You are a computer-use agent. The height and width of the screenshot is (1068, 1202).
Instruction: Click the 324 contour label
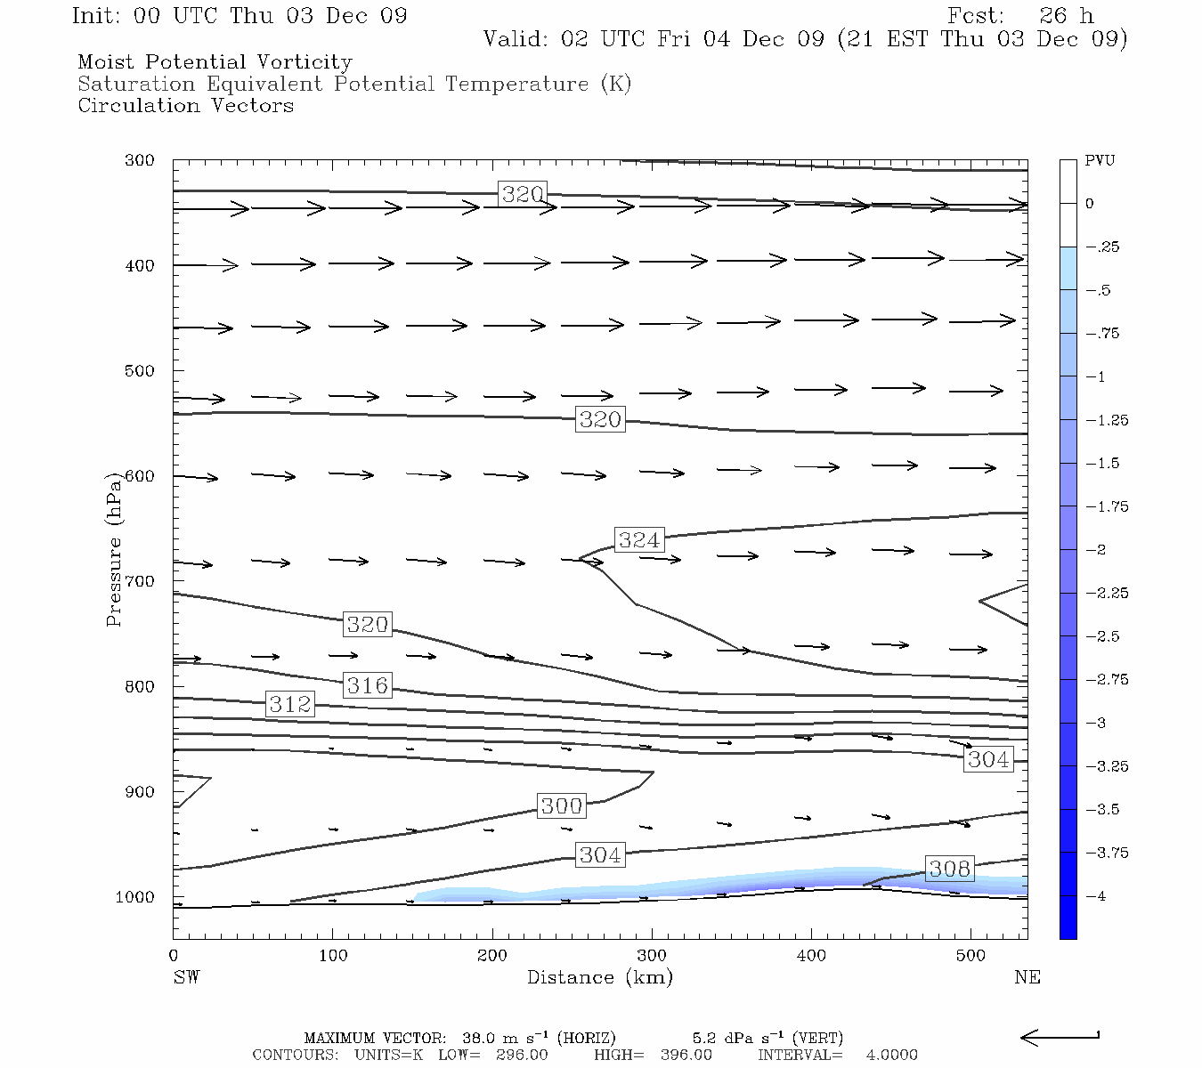(639, 539)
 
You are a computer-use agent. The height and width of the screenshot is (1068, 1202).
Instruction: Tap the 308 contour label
(949, 868)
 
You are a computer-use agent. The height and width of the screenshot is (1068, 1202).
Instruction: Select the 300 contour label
(561, 805)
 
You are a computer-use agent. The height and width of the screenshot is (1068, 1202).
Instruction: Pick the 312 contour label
(290, 704)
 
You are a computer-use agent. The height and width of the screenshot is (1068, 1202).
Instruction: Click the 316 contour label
(368, 685)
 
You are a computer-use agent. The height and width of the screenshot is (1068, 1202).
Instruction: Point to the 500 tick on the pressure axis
(140, 370)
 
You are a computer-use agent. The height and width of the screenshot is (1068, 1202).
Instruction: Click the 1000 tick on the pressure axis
(135, 897)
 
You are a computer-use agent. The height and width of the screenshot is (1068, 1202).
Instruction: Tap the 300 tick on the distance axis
(652, 956)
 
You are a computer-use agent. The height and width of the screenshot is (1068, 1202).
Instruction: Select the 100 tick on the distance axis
(333, 956)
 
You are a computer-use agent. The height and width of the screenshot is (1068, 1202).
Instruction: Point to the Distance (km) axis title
(599, 977)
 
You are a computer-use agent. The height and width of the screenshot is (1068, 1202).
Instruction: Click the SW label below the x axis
(186, 977)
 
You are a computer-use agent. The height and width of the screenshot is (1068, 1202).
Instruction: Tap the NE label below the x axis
(1027, 977)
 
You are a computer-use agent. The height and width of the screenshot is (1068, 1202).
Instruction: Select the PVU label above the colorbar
(1100, 160)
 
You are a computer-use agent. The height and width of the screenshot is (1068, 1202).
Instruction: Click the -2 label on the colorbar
(1096, 550)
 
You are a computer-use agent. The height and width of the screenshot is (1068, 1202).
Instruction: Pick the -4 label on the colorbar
(1096, 896)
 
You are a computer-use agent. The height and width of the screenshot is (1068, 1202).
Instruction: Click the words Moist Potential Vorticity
(215, 62)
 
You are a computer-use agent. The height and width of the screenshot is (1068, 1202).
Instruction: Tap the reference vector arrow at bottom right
(1060, 1037)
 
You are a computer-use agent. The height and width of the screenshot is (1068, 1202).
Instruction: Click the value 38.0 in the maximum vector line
(477, 1038)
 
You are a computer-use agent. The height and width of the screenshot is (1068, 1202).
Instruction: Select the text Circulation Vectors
(185, 105)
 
